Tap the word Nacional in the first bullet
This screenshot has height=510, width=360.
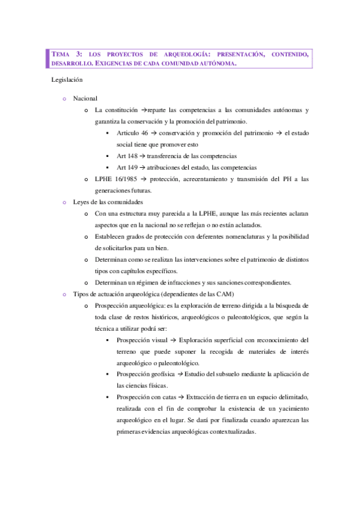(x=85, y=98)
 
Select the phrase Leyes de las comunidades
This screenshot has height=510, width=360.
(x=108, y=202)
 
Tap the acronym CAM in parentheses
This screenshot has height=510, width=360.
(x=223, y=295)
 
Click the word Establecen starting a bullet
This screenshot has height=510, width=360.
(x=111, y=237)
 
